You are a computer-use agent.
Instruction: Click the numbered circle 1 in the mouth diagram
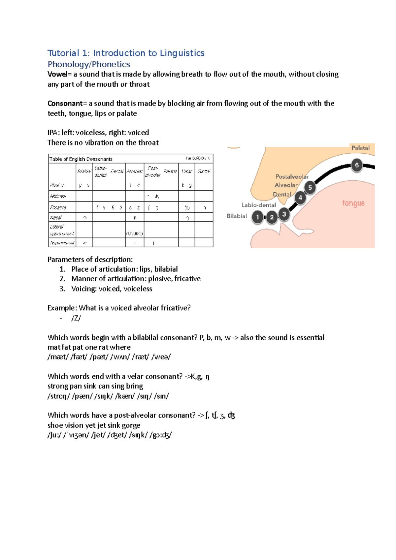pos(258,217)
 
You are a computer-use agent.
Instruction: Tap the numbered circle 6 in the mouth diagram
pos(357,165)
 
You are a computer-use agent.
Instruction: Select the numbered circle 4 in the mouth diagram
pos(300,198)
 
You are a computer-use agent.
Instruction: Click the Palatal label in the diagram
pos(360,148)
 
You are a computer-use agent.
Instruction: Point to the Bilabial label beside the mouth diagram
pos(237,216)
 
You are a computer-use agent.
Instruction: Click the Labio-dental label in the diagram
pos(258,205)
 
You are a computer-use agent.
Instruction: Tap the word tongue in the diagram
pos(353,203)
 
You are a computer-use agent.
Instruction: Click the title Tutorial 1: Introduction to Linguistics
pos(126,53)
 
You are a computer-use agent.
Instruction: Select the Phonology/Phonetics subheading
pos(89,64)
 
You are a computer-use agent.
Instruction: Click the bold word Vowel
pos(57,74)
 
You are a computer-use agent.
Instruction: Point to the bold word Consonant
pos(65,104)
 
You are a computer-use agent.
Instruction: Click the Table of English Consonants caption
pos(81,159)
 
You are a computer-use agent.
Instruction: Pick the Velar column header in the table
pos(187,171)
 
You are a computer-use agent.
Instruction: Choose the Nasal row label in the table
pos(56,218)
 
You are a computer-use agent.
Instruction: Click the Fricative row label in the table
pos(58,207)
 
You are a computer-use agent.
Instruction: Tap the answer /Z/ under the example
pos(76,318)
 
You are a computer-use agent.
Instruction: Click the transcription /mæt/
pos(58,357)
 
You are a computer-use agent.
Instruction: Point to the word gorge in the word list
pos(131,425)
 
